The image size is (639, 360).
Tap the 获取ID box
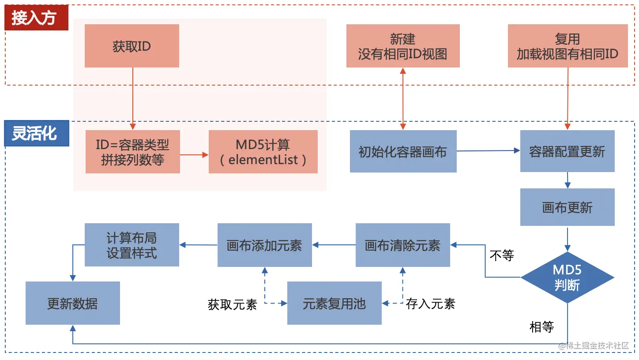point(132,46)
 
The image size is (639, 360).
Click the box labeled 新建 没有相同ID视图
point(402,46)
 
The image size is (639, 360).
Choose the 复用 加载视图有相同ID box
point(568,46)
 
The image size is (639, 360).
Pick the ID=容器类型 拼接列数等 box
point(132,152)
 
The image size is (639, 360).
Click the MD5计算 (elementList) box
point(263,152)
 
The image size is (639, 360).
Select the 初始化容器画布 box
point(403,151)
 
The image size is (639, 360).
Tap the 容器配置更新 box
point(567,151)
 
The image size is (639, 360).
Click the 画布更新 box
point(567,207)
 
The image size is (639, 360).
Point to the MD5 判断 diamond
point(567,277)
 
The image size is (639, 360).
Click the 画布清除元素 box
point(402,245)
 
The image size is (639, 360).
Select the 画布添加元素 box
point(264,245)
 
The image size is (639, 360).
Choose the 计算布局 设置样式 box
point(132,245)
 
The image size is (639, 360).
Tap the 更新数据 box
point(72,303)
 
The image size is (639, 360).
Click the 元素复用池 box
point(334,303)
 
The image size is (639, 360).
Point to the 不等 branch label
point(502,255)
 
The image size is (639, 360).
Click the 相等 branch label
point(541,327)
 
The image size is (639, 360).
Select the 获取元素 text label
point(232,304)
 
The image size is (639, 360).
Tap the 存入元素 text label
point(430,304)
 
